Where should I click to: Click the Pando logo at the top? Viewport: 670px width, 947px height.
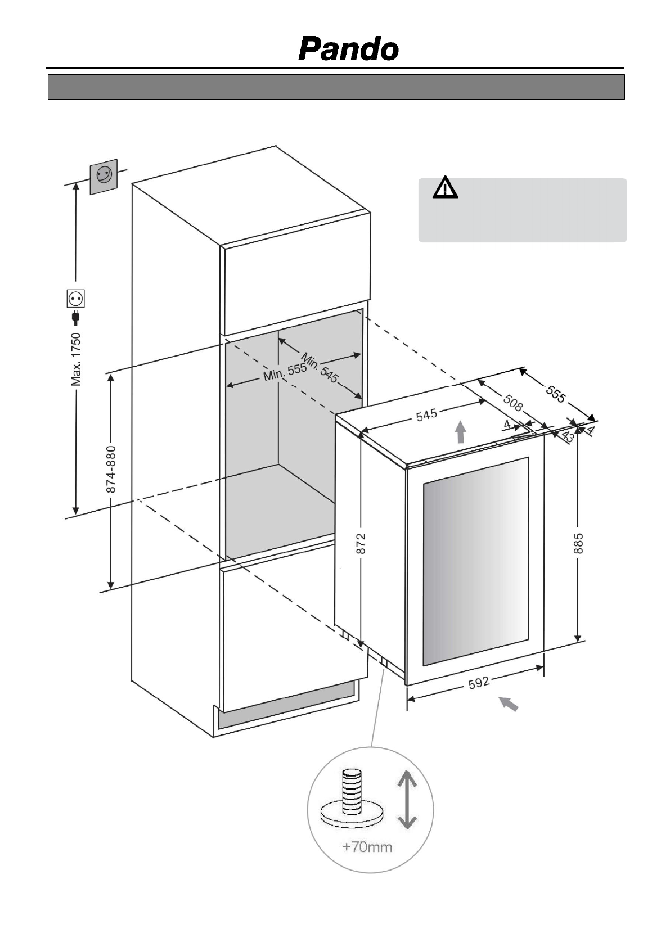click(x=348, y=49)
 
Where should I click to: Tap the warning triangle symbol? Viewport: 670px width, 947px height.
click(x=445, y=188)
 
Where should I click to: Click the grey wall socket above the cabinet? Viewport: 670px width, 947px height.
click(x=104, y=176)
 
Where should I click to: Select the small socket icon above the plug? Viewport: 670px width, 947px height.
click(x=75, y=298)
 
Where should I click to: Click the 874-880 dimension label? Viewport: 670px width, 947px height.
click(x=111, y=469)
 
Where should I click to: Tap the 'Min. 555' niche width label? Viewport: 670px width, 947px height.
click(x=285, y=371)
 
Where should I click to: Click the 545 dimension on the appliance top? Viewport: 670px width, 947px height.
click(x=426, y=415)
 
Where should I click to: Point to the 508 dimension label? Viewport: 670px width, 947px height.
click(x=513, y=403)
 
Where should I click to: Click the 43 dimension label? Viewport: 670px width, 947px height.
click(x=568, y=436)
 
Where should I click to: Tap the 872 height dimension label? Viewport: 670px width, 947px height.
click(x=361, y=543)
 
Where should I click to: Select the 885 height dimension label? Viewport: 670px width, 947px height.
click(x=578, y=543)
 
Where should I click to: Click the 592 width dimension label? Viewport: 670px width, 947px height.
click(x=479, y=682)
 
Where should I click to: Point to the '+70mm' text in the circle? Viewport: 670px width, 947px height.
click(x=367, y=846)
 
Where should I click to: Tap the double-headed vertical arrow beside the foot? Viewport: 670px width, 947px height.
click(x=407, y=800)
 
